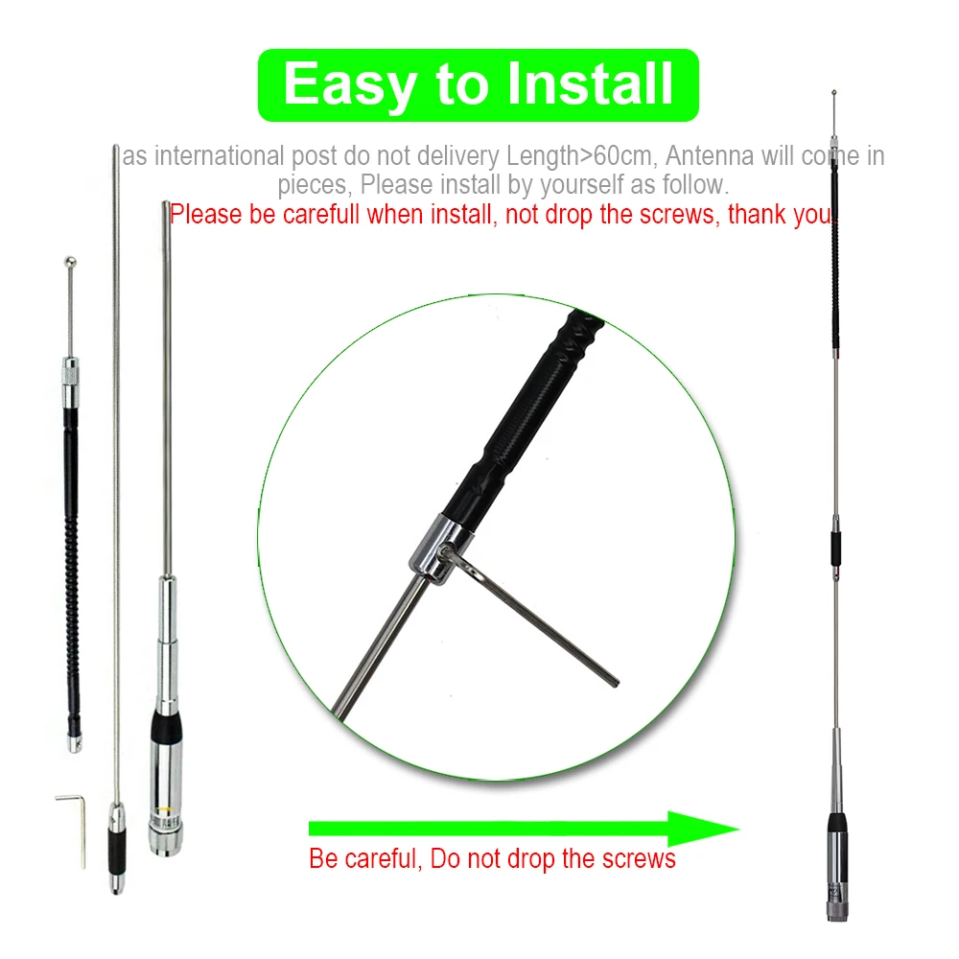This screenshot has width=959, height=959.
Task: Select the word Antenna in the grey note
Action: (x=710, y=155)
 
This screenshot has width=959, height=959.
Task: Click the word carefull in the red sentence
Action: (x=320, y=215)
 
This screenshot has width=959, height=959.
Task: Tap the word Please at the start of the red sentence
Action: (x=205, y=215)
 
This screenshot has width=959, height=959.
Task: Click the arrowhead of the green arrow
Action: (x=703, y=829)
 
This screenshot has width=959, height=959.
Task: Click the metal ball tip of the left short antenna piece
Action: (x=70, y=263)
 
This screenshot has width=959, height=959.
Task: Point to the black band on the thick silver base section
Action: (x=166, y=727)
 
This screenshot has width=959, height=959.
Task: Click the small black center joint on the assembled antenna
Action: (x=835, y=548)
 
